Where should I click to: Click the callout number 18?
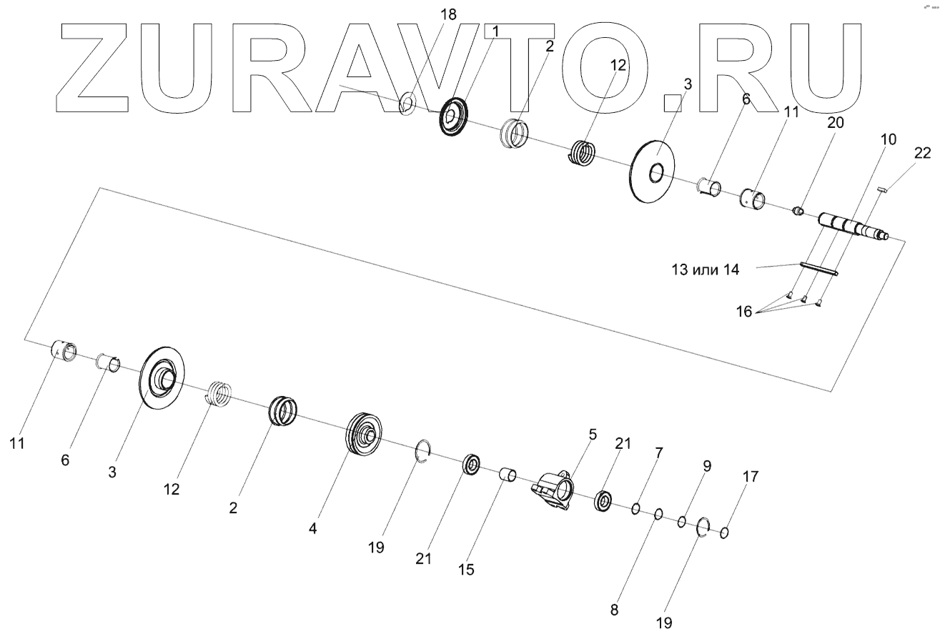(449, 14)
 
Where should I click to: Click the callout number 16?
(743, 312)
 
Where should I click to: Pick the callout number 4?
(312, 529)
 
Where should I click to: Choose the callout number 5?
(592, 434)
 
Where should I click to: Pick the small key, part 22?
(881, 189)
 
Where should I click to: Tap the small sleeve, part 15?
(508, 474)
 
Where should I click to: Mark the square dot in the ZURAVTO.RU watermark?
(672, 104)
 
